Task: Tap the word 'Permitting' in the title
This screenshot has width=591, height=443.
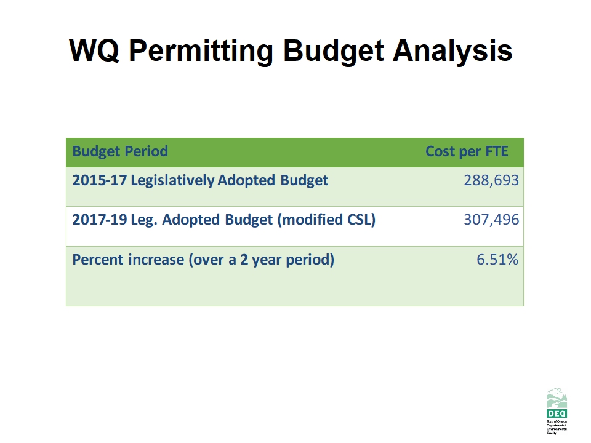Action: point(199,50)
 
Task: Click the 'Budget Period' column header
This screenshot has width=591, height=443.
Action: point(120,151)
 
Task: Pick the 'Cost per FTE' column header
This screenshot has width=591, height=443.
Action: point(467,151)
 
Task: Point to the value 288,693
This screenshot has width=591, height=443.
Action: point(491,181)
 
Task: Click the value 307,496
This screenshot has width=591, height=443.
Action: point(491,220)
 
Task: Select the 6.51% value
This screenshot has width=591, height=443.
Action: point(497,260)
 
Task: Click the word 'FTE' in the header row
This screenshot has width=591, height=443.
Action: point(496,151)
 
